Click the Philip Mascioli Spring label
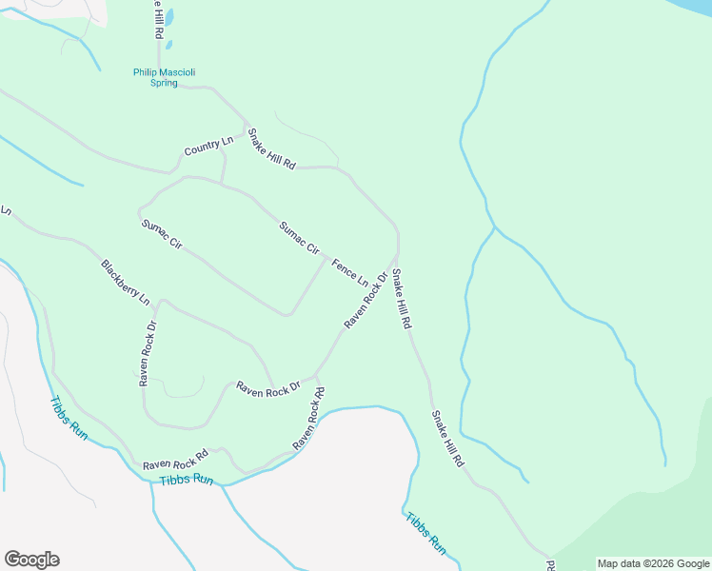[154, 77]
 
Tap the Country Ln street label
[208, 148]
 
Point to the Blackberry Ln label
[126, 282]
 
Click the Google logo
[31, 560]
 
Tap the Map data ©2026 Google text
[654, 563]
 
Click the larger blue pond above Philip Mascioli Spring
[169, 18]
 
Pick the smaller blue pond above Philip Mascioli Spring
[168, 44]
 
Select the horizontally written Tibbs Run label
[187, 480]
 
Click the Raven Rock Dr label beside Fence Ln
[366, 301]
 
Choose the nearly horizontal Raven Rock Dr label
[267, 388]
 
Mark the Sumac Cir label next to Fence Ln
[299, 237]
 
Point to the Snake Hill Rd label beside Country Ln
[271, 148]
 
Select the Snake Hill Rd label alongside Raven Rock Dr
[402, 299]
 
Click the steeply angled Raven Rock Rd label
[309, 418]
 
